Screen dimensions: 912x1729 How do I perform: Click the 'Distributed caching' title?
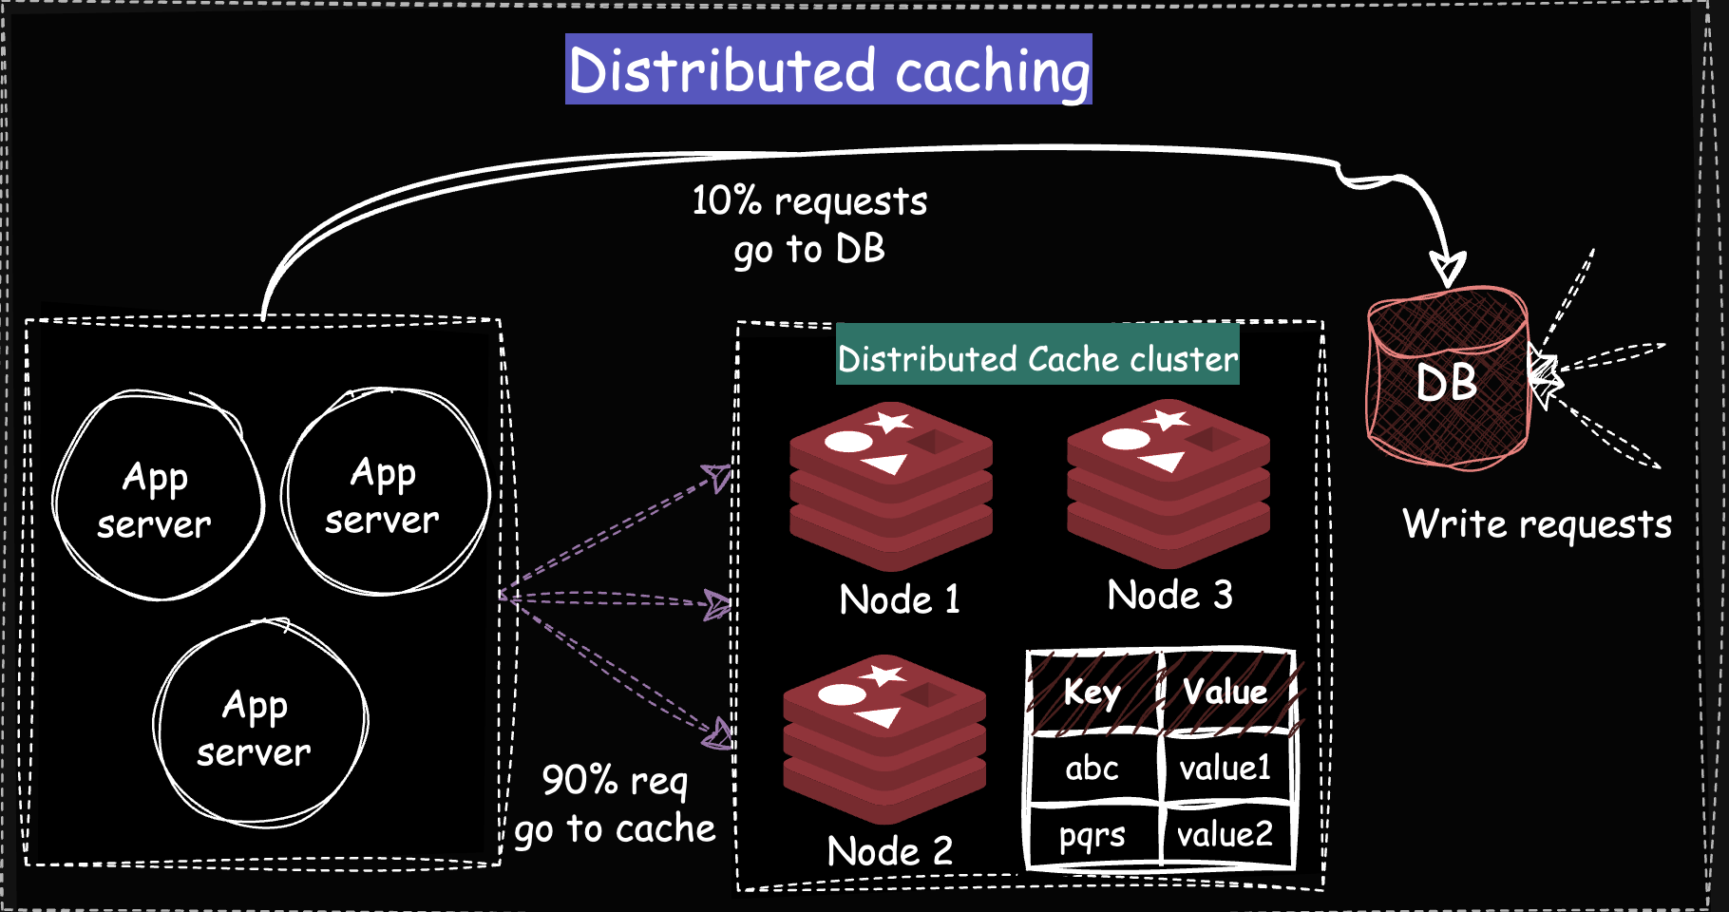tap(828, 70)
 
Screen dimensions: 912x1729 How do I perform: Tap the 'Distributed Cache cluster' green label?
tap(1037, 358)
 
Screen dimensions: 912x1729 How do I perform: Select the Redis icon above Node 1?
tap(891, 485)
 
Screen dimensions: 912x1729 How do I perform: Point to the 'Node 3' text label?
tap(1169, 596)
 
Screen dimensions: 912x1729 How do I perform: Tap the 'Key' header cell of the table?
tap(1092, 693)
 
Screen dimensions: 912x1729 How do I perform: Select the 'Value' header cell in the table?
tap(1225, 692)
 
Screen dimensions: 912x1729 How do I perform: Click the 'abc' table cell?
tap(1092, 768)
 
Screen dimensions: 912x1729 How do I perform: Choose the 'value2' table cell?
tap(1225, 835)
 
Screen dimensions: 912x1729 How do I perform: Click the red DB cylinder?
tap(1446, 380)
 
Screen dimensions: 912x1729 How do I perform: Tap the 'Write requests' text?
tap(1536, 524)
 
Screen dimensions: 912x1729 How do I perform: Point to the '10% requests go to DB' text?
tap(809, 225)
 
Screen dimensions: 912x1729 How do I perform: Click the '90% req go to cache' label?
tap(616, 805)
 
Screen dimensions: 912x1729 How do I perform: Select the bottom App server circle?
tap(258, 725)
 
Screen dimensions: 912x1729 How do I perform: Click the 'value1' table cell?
tap(1225, 768)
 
